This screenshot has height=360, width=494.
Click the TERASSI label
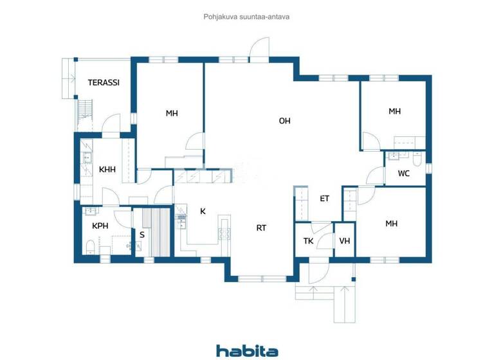pos(104,83)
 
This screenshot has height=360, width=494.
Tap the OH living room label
pos(284,121)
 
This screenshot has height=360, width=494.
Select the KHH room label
pos(107,170)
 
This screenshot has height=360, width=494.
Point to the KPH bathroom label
pos(100,226)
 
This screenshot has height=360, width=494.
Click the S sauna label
pos(142,235)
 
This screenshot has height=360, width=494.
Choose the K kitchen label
pos(203,211)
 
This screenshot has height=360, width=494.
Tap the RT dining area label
pos(261,228)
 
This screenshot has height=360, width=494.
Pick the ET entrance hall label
pos(324,199)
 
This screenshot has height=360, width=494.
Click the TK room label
pos(308,241)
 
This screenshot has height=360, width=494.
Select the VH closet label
pos(345,241)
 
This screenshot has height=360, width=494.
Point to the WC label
pos(403,174)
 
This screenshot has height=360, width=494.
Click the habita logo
pos(247,350)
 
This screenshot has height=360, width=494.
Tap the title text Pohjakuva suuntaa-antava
pos(246,17)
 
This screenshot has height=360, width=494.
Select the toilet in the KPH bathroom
pos(91,247)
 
